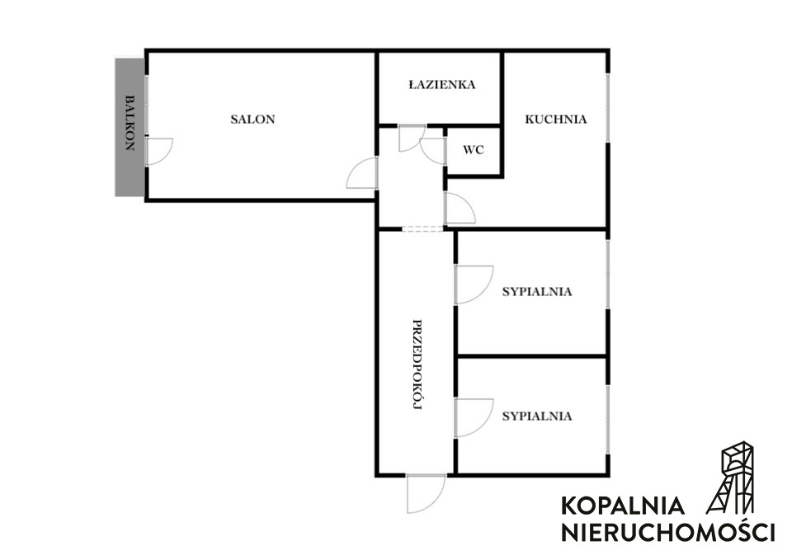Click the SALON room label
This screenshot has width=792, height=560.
(252, 120)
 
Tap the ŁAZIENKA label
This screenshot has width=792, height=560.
(442, 84)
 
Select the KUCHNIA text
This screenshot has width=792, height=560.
(555, 120)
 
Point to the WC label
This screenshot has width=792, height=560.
(474, 150)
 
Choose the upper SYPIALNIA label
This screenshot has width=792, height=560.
(537, 292)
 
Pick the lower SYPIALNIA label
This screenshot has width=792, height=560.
(537, 416)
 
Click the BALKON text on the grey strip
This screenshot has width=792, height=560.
(130, 123)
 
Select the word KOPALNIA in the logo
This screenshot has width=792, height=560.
(623, 506)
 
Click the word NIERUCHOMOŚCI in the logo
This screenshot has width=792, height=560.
(667, 532)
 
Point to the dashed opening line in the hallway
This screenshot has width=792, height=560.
(423, 229)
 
